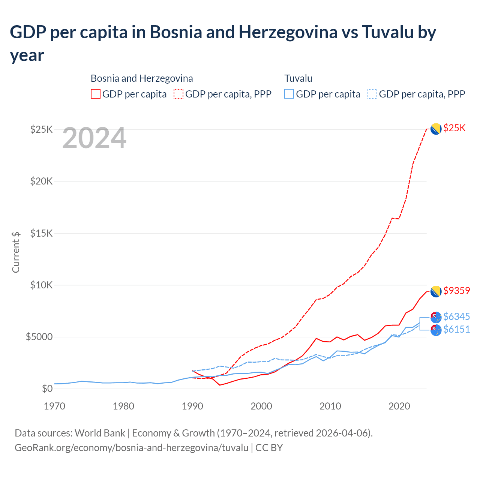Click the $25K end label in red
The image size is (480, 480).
[x=454, y=128]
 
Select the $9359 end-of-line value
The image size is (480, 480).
[x=456, y=291]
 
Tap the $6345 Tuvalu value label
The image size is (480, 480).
[x=456, y=317]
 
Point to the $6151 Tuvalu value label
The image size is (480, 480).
[x=456, y=330]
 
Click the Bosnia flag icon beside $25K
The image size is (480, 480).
[x=436, y=129]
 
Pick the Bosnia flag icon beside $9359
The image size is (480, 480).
[x=436, y=291]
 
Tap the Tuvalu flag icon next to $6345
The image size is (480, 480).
[x=436, y=318]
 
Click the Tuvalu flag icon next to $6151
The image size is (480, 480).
[x=436, y=330]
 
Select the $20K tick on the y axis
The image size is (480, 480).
[x=42, y=181]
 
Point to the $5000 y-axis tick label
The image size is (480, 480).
[x=39, y=337]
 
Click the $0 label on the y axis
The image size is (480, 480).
[x=47, y=389]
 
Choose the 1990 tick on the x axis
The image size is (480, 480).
[x=192, y=406]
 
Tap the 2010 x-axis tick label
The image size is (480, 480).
[x=330, y=406]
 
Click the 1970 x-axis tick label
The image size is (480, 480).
[x=55, y=406]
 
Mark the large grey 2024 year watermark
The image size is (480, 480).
[x=94, y=138]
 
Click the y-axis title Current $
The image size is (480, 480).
[x=16, y=252]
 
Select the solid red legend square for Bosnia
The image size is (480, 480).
[x=96, y=94]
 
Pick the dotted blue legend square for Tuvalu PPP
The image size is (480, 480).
[x=372, y=94]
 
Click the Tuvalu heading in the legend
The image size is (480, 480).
[x=298, y=78]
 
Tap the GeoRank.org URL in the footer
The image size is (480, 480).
[x=131, y=448]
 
